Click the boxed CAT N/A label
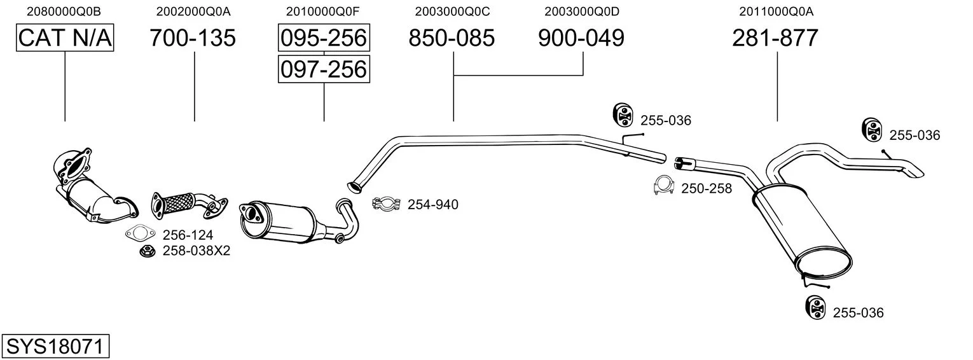point(65,38)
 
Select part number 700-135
point(193,38)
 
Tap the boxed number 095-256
point(324,38)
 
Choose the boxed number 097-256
point(324,69)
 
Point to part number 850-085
point(452,38)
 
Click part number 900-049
point(581,38)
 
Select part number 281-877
point(775,38)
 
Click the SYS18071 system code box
point(55,346)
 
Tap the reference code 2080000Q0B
point(64,11)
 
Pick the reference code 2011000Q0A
point(776,11)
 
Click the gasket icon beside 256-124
point(140,234)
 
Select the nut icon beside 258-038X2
point(148,251)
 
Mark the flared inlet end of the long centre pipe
point(355,187)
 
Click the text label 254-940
point(432,205)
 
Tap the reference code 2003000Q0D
point(582,11)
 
